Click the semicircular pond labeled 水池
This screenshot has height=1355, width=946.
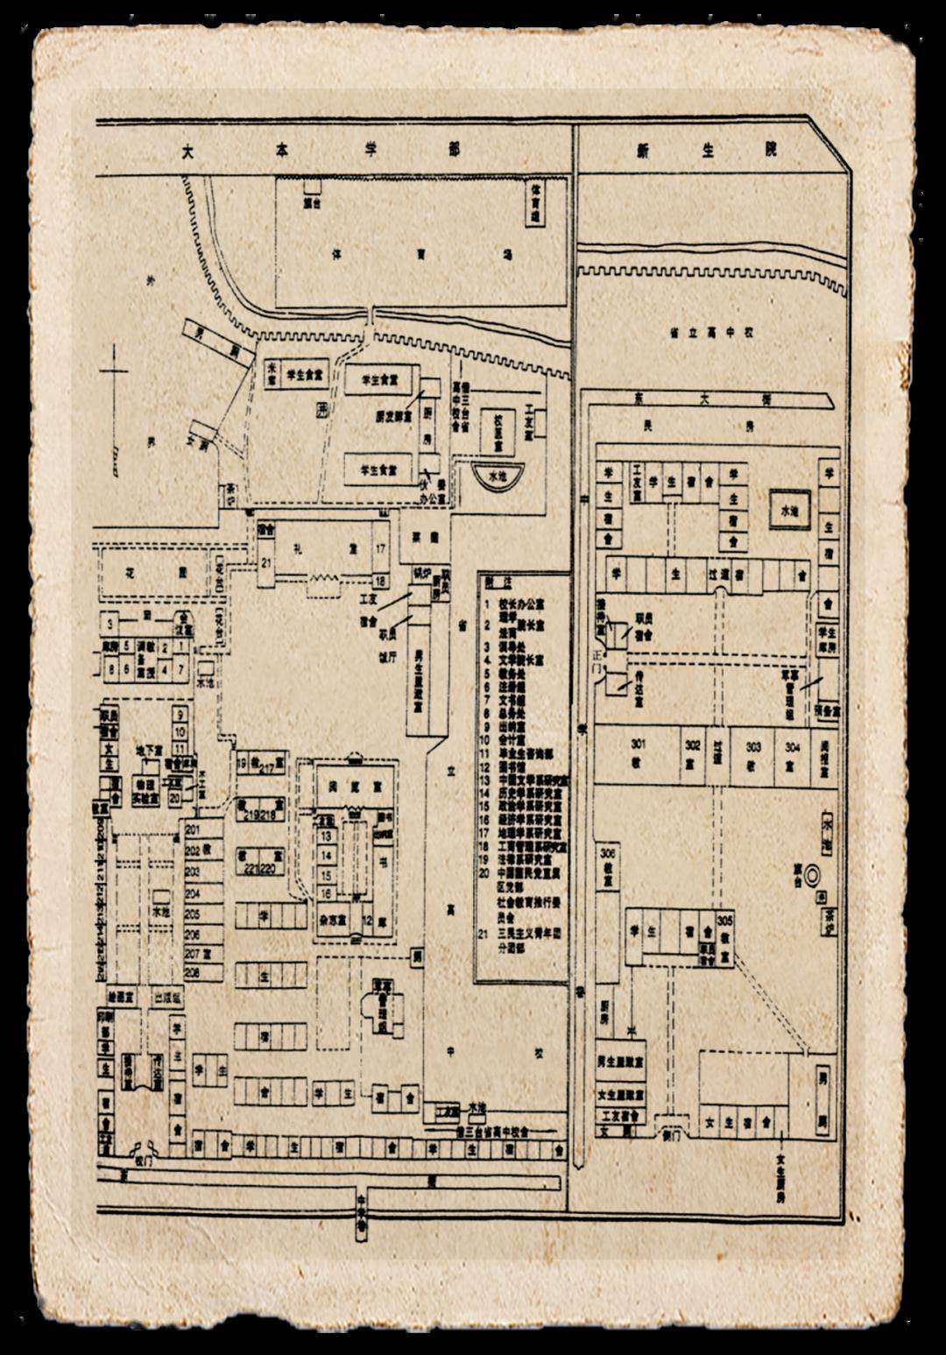click(x=497, y=476)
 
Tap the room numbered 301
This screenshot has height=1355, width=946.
click(x=637, y=751)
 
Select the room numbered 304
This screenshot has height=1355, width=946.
click(x=791, y=752)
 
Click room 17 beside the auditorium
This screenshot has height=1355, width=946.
click(x=380, y=548)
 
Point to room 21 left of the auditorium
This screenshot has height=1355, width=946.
click(x=265, y=561)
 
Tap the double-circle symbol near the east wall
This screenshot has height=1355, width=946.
click(x=811, y=872)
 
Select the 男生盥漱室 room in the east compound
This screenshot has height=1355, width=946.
click(x=621, y=1061)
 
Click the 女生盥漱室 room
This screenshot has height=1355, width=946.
click(x=621, y=1095)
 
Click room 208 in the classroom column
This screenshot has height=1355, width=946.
click(x=193, y=972)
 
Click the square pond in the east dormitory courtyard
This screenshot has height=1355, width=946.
click(x=790, y=508)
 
